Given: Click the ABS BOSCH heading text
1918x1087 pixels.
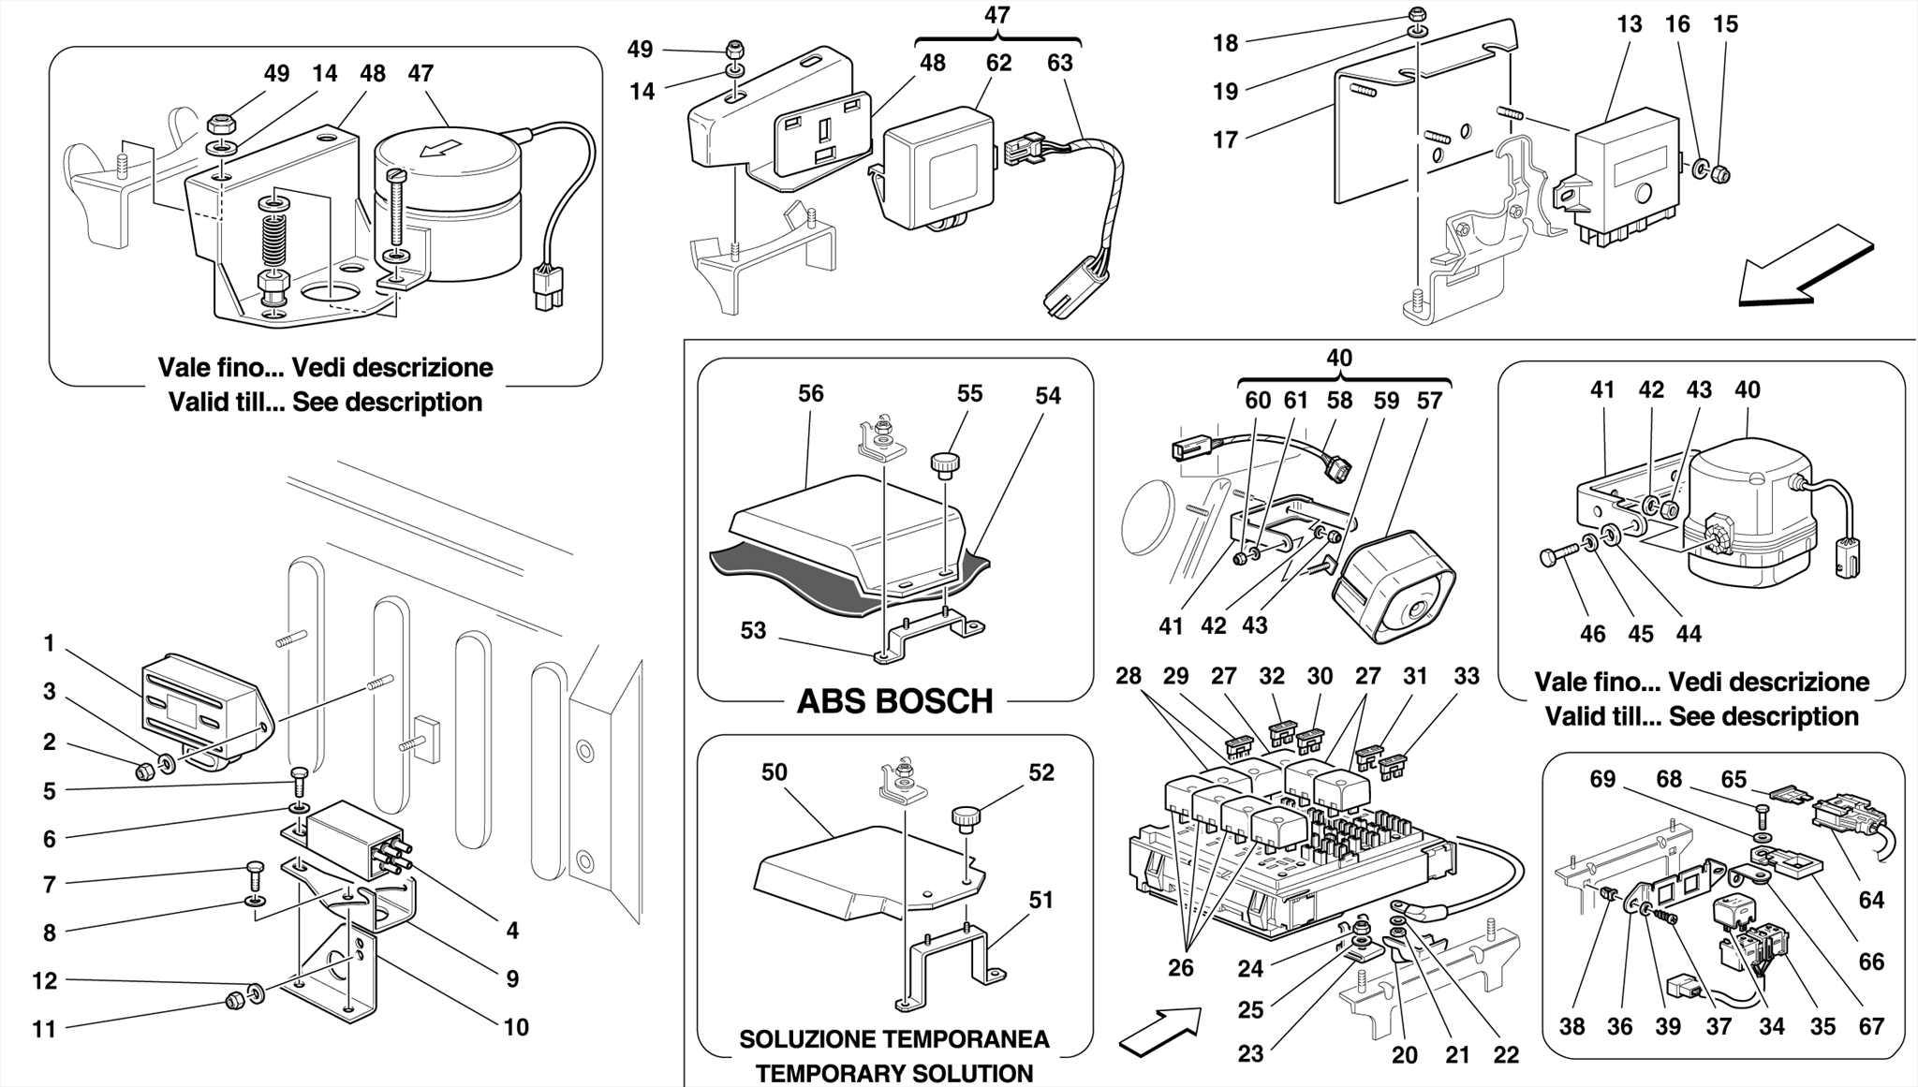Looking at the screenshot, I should (x=894, y=701).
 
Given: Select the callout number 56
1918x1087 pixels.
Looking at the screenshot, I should (x=810, y=393).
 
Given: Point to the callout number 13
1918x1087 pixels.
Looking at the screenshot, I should (x=1629, y=24).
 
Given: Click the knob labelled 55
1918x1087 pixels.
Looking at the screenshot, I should (x=943, y=463).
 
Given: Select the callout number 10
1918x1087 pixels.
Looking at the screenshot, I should (x=516, y=1027).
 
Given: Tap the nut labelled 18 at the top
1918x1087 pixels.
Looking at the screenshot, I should (x=1418, y=14).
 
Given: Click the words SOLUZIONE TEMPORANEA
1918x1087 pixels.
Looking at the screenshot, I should (x=893, y=1039).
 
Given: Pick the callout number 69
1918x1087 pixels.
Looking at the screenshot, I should (x=1602, y=779).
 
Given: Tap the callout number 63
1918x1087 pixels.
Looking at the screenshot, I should (x=1059, y=63).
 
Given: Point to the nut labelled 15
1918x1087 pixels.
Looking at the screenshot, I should (x=1720, y=174).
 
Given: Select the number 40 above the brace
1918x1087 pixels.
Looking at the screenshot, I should (x=1339, y=358).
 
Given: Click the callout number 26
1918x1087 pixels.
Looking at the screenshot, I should (x=1180, y=967).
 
